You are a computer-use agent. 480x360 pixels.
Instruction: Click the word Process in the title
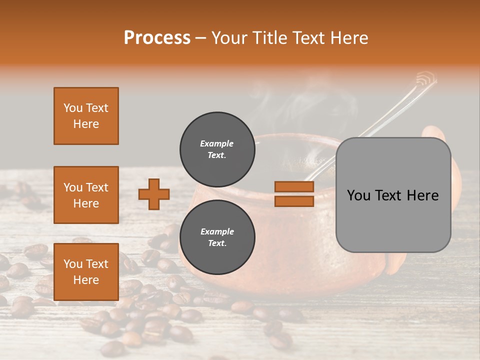click(157, 38)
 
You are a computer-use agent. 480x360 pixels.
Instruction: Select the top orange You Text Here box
click(86, 116)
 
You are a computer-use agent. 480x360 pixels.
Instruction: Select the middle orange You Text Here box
click(86, 195)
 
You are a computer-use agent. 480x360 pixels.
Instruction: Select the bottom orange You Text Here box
click(86, 272)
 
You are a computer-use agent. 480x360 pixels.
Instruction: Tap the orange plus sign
click(154, 194)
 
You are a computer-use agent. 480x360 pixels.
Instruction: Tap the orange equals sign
click(294, 194)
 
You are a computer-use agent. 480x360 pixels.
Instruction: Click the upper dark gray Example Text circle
click(217, 149)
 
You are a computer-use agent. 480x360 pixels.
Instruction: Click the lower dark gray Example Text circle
click(217, 237)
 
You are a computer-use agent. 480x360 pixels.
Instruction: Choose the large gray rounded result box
click(393, 195)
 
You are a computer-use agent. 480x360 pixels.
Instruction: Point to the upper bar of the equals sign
click(294, 187)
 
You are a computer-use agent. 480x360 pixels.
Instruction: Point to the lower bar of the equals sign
click(294, 201)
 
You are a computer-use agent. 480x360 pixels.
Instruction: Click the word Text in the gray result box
click(392, 195)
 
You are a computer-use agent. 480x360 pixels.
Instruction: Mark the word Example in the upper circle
click(216, 143)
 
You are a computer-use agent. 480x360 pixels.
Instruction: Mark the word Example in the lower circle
click(216, 231)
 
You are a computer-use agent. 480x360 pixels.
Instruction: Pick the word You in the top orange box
click(73, 108)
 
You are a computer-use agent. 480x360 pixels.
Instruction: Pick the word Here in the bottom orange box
click(86, 280)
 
